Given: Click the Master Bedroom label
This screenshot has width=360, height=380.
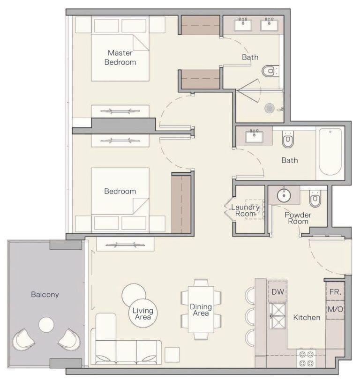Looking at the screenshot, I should coord(120,57).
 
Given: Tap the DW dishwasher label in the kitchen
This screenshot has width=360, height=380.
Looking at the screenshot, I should coord(277,291).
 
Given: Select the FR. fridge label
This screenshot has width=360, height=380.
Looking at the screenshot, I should coord(335,291).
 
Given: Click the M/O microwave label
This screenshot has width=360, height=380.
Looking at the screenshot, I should coord(335,309).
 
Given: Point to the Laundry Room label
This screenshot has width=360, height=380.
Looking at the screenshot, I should coord(246,210).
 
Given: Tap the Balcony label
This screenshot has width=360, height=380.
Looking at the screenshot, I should coord(45,295).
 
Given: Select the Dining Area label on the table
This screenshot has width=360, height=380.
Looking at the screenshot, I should coord(201,310).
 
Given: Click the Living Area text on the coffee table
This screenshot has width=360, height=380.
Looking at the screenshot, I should coord(143,314).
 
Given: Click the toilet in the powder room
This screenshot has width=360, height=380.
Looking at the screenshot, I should coord(315,200).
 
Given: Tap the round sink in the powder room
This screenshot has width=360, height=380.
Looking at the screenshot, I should coord(285,195).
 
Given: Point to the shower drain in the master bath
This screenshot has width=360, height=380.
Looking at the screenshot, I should coord(270,108).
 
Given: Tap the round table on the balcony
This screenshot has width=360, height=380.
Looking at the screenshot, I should coord(46,325).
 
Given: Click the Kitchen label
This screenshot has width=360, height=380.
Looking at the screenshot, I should coord(307,318).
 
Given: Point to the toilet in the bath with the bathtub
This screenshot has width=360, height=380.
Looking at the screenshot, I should coord(288,140).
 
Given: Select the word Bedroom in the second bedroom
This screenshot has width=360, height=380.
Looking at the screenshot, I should coord(120,191).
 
